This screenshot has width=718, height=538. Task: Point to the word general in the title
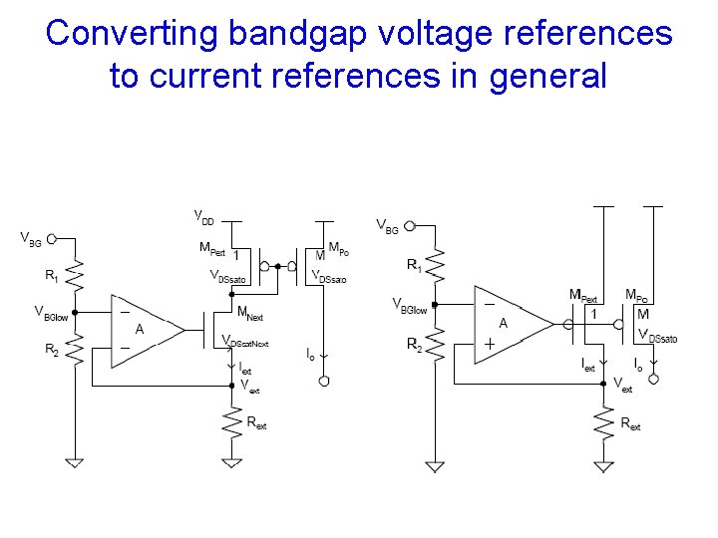[x=546, y=75]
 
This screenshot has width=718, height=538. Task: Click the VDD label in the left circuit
[x=202, y=216]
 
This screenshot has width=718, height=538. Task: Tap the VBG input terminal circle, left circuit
[x=51, y=239]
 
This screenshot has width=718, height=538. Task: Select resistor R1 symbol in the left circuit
[x=76, y=276]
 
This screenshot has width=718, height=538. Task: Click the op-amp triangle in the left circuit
[x=145, y=328]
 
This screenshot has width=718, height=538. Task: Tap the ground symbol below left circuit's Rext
[x=231, y=462]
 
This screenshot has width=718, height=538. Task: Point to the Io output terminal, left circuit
[x=323, y=381]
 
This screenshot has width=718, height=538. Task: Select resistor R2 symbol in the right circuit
[x=434, y=344]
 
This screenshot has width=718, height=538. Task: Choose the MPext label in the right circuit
[x=583, y=295]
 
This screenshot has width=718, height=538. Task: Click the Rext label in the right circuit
[x=631, y=423]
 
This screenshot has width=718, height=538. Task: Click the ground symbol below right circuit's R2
[x=434, y=464]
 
